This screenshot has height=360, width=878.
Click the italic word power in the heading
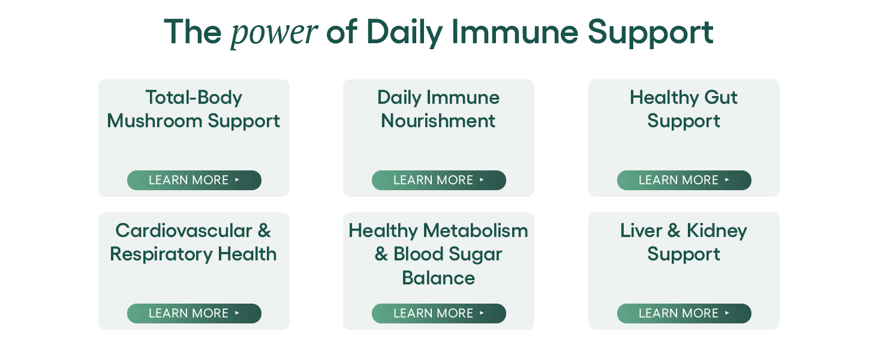pos(274,33)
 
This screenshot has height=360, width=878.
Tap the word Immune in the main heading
pos(515,32)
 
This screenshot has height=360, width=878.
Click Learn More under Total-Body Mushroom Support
pos(194,180)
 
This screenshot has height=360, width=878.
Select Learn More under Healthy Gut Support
pos(684,180)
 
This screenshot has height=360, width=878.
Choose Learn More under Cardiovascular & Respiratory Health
pos(194,313)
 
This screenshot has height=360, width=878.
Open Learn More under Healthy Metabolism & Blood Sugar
pos(438,313)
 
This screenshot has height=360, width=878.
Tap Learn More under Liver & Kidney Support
pos(684,313)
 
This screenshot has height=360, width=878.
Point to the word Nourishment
pos(438,121)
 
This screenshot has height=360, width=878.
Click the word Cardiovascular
pos(184,230)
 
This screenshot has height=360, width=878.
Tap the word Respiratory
pos(161,254)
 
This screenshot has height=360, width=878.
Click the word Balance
pos(438,278)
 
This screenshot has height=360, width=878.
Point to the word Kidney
pos(717,231)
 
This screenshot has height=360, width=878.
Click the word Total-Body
pos(194,98)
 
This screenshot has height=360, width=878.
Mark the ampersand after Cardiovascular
pos(264,230)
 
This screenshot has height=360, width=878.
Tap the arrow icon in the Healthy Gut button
pos(727,179)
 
